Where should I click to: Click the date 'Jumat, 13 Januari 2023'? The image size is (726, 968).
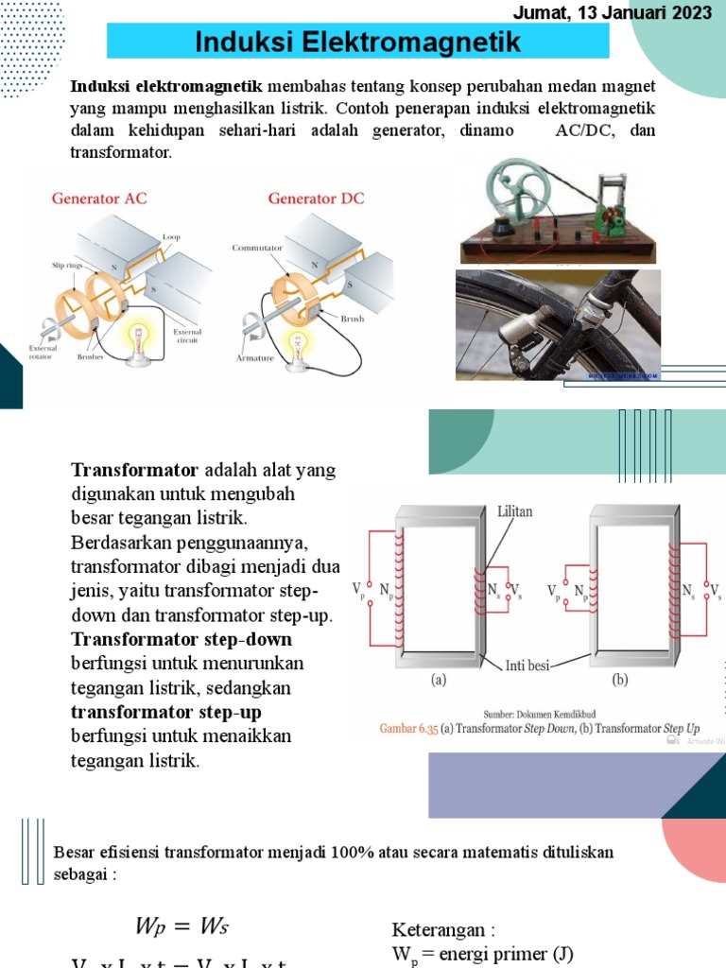click(612, 12)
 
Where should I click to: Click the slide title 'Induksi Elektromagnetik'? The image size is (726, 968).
click(357, 42)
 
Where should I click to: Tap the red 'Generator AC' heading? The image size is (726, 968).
click(99, 199)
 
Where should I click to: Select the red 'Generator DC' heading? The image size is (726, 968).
click(316, 199)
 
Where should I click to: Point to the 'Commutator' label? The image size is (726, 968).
click(258, 248)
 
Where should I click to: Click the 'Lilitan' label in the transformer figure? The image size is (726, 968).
click(515, 511)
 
